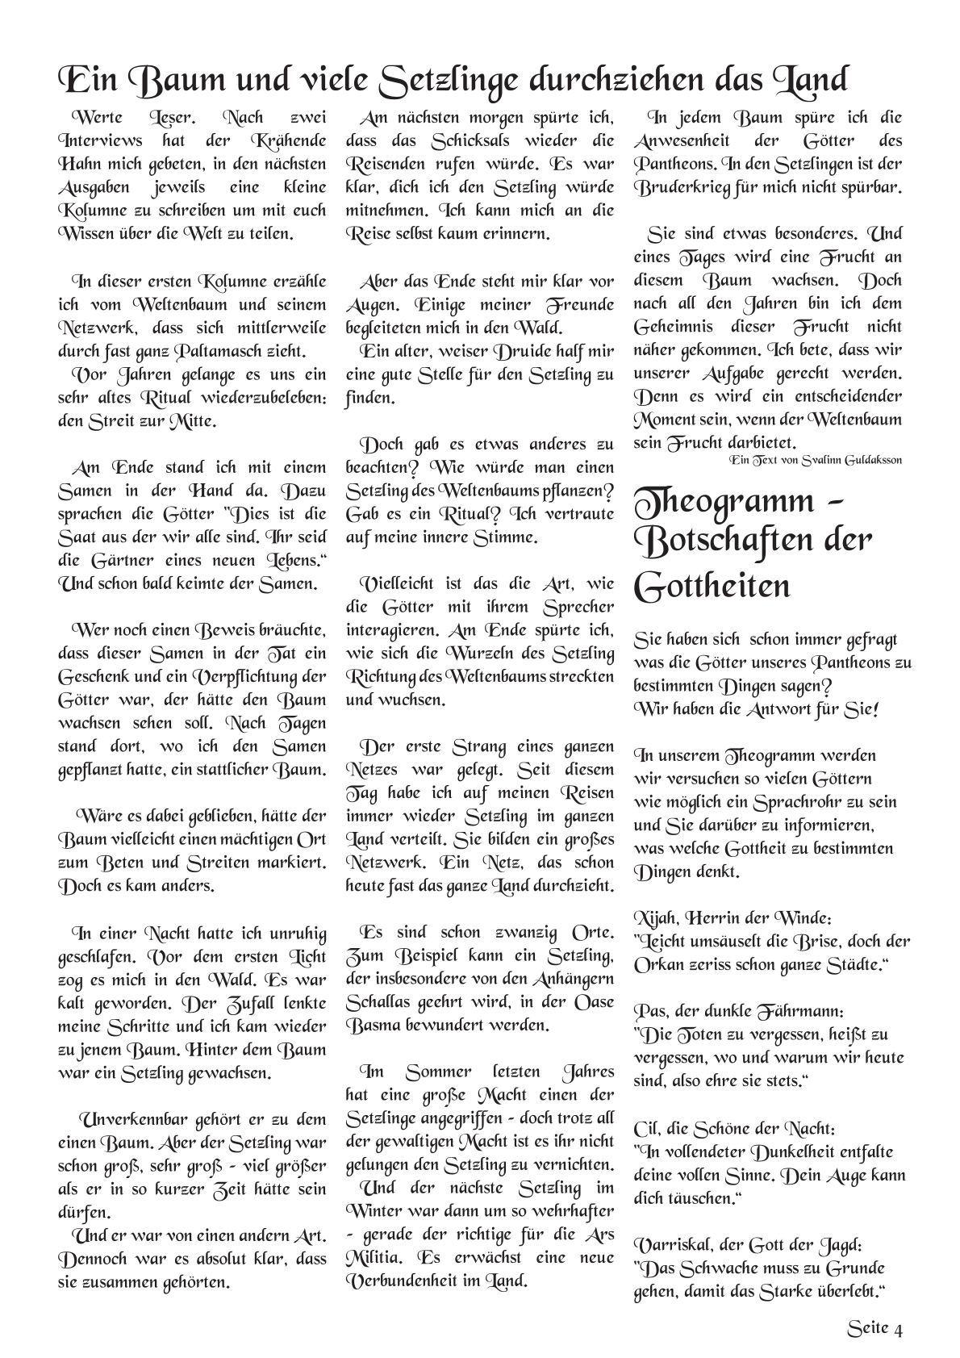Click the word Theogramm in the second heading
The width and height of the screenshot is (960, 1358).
click(x=725, y=503)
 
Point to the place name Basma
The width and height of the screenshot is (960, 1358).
click(x=369, y=1026)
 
